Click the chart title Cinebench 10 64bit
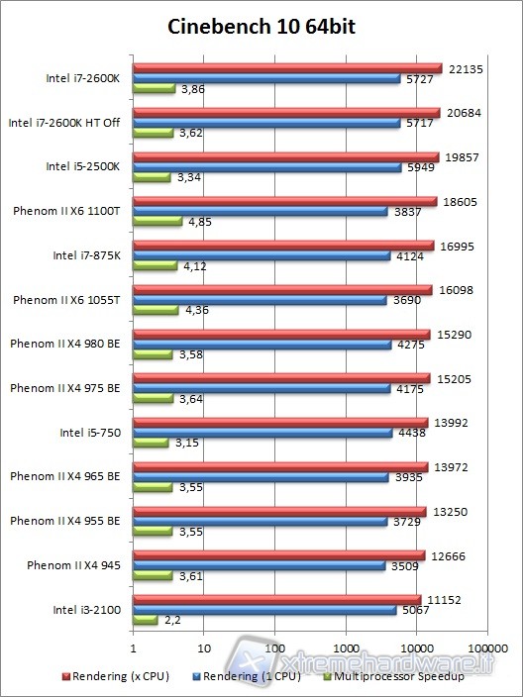tap(261, 27)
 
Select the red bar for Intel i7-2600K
tap(287, 67)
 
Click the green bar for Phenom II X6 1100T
tap(157, 222)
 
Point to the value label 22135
tap(464, 67)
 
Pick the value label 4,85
tap(198, 222)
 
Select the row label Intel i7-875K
tap(86, 254)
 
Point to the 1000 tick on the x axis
tap(346, 648)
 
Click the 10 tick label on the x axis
tap(204, 648)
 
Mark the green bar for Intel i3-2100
tap(146, 621)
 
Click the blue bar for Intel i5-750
tap(262, 432)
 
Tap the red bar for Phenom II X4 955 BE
tap(279, 511)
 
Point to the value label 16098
tap(454, 289)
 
